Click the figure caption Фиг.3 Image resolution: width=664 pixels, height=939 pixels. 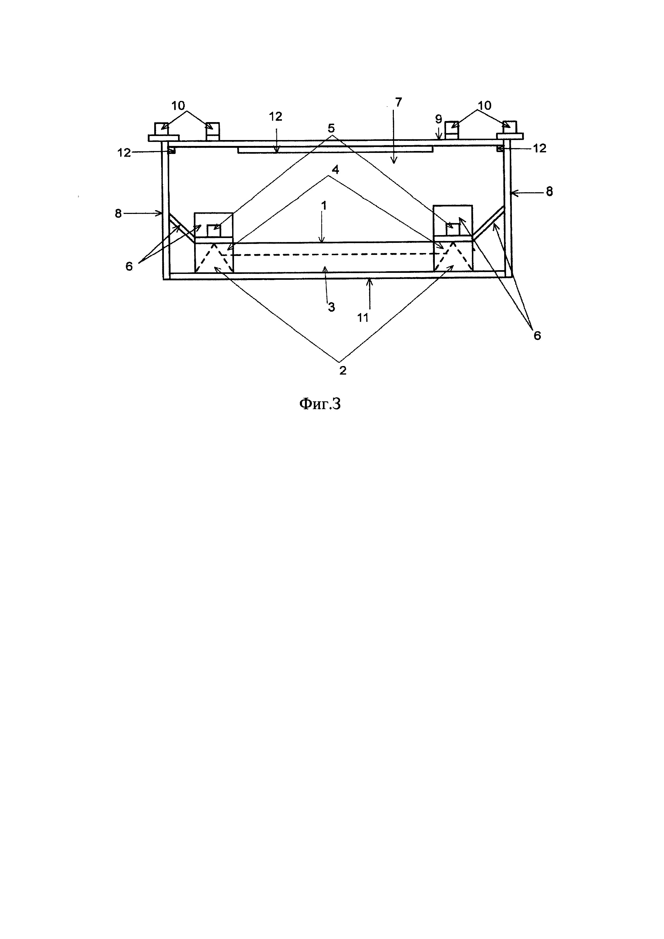coord(320,404)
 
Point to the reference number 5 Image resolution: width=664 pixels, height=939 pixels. coord(331,128)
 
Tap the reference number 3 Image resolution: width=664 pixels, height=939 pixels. coord(331,307)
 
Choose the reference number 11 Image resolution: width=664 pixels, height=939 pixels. coord(363,317)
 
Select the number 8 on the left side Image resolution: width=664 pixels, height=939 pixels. coord(118,213)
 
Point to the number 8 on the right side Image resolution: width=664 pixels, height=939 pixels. coord(549,191)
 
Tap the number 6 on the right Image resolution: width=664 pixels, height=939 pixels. coord(537,335)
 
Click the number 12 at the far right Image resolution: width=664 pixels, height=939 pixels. coord(540,148)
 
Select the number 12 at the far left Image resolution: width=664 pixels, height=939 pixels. coord(124,153)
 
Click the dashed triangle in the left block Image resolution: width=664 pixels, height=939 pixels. coord(214,258)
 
